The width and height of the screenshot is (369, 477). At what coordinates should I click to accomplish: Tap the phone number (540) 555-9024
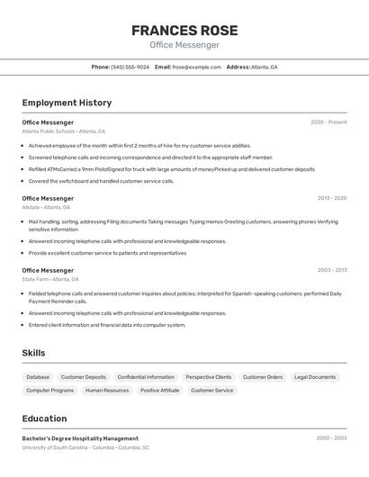click(x=130, y=67)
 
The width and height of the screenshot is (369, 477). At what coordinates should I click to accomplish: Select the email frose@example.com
click(x=196, y=67)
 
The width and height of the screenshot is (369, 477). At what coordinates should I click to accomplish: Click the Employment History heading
click(x=67, y=103)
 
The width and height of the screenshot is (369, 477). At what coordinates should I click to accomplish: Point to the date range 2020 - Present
click(x=328, y=122)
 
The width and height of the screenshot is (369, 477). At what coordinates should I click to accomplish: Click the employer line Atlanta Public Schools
click(x=64, y=131)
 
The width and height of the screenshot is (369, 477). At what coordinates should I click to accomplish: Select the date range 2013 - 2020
click(x=331, y=198)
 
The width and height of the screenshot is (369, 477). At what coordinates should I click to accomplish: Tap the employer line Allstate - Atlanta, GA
click(x=46, y=207)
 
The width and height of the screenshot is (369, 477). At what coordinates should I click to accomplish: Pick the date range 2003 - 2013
click(x=331, y=270)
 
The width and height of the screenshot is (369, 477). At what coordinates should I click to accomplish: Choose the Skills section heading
click(x=33, y=353)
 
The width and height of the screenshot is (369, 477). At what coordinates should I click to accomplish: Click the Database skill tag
click(x=38, y=377)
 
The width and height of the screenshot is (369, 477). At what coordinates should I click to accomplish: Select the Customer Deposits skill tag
click(x=83, y=377)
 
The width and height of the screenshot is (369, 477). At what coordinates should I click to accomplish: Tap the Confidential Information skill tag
click(x=146, y=377)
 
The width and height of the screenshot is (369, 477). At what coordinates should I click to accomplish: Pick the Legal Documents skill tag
click(x=315, y=377)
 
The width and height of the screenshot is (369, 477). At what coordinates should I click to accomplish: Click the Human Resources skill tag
click(x=107, y=391)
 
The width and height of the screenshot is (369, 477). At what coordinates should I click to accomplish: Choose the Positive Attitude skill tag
click(x=159, y=391)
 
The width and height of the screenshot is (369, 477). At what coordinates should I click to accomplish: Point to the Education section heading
click(x=44, y=418)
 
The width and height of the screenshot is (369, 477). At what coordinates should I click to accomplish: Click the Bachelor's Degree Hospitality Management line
click(x=80, y=438)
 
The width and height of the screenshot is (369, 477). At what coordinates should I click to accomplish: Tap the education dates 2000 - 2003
click(x=331, y=438)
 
